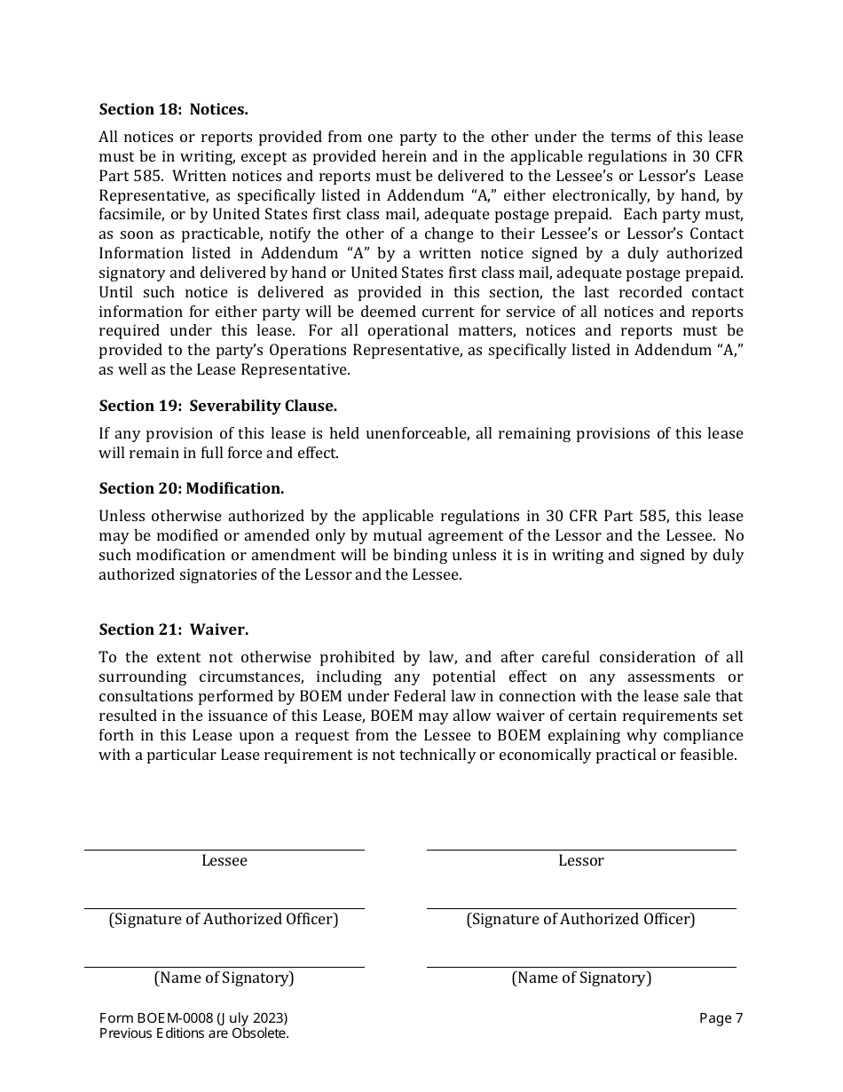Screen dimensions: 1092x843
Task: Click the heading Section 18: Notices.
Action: [173, 109]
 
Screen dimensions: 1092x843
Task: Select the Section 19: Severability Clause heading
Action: [217, 406]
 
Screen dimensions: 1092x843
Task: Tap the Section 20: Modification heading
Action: [191, 488]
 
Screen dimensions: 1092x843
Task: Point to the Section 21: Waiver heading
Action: [173, 629]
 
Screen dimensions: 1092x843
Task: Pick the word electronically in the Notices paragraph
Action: [563, 195]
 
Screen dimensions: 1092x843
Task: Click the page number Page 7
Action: [721, 1018]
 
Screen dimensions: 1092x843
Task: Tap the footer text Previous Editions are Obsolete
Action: [193, 1033]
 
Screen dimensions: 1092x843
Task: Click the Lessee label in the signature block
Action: [224, 860]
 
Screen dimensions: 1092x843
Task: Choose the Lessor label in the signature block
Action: [580, 860]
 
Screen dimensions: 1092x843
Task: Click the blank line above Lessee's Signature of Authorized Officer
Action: [224, 907]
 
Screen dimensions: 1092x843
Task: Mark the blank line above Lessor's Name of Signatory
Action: [580, 966]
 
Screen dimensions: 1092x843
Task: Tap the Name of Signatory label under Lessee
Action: [224, 977]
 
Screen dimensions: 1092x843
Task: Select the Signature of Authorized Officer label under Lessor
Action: [580, 919]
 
